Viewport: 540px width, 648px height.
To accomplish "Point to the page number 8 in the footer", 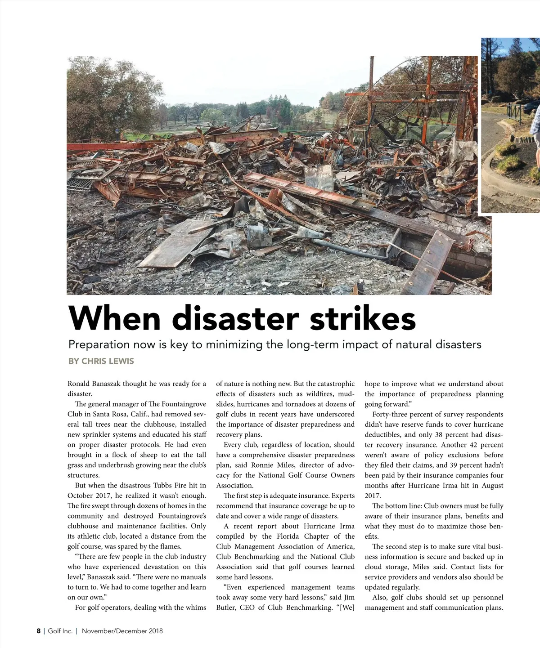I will click(x=39, y=631).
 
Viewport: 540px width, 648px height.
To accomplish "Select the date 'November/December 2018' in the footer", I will click(x=122, y=631).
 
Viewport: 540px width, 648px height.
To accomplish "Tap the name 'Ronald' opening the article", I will click(x=79, y=384).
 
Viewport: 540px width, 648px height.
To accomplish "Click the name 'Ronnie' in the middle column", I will click(x=262, y=465).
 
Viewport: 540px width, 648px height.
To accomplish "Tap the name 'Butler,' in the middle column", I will click(x=226, y=608).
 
